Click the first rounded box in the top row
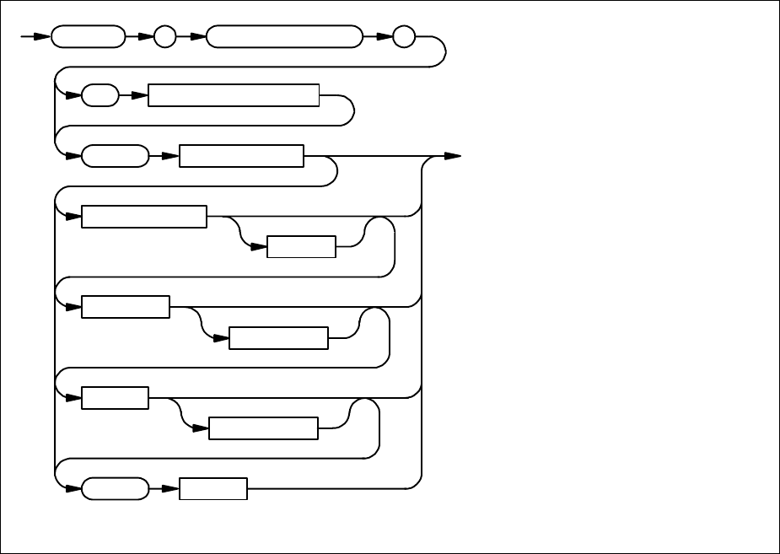click(86, 37)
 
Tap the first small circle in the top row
click(165, 37)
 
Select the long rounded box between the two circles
click(282, 37)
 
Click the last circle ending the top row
click(405, 37)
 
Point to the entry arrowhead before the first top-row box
click(43, 37)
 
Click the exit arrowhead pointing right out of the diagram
click(453, 156)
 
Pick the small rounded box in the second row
click(100, 95)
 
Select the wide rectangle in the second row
click(234, 95)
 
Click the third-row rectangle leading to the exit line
click(242, 156)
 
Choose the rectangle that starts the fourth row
click(144, 217)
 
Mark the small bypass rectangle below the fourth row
click(301, 246)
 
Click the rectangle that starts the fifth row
click(126, 307)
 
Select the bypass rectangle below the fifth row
click(278, 338)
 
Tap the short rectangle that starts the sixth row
click(115, 398)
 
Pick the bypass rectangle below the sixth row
click(263, 428)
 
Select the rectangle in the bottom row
click(213, 488)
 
